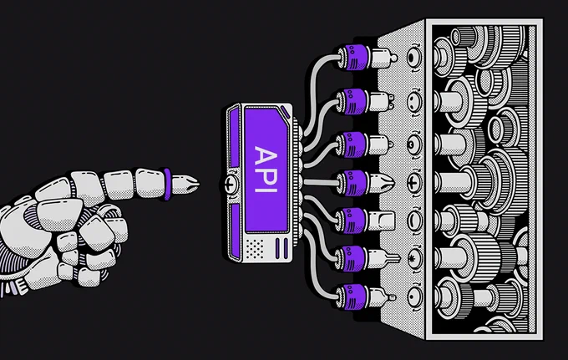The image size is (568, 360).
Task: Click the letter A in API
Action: tap(266, 155)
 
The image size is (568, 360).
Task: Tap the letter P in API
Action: tap(266, 175)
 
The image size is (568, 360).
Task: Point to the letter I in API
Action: tap(266, 188)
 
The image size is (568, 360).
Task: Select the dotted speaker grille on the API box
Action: tap(255, 248)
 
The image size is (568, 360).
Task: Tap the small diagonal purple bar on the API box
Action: tap(285, 112)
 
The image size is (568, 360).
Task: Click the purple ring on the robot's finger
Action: tap(166, 184)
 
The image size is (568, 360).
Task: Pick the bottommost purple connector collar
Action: tap(352, 297)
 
